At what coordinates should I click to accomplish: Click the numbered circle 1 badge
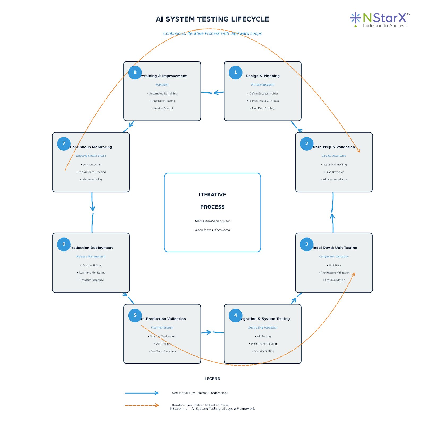(x=235, y=73)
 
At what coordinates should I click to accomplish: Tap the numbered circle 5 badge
(x=135, y=315)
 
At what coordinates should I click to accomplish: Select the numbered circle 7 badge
(x=64, y=144)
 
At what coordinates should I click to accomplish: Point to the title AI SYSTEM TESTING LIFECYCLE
(x=212, y=19)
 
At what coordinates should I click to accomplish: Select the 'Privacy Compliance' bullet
(x=335, y=180)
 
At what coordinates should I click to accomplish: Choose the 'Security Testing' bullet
(x=263, y=351)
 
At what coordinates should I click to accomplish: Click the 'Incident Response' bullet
(x=92, y=280)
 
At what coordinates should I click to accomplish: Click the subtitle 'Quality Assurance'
(x=334, y=156)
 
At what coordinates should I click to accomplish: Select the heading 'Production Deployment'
(x=91, y=248)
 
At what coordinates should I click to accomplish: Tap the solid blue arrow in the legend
(x=142, y=393)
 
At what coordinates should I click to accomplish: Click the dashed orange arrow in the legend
(x=142, y=405)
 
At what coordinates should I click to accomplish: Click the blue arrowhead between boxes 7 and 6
(x=92, y=209)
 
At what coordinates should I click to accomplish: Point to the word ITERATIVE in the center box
(x=212, y=195)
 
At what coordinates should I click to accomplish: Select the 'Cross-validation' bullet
(x=335, y=280)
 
